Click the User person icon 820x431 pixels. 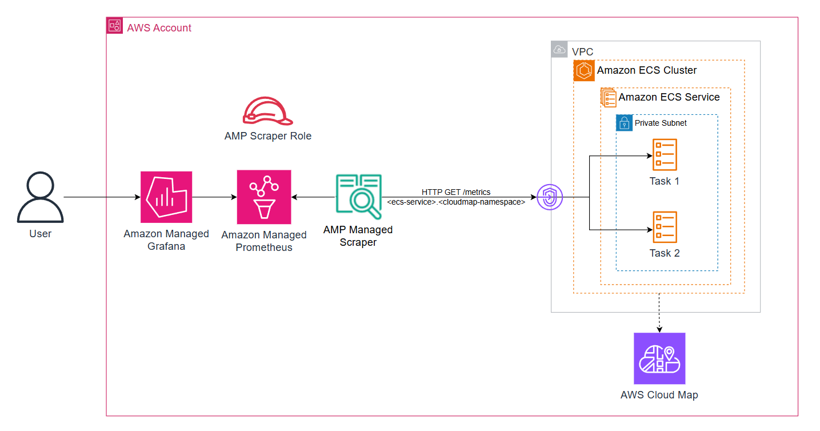(x=40, y=198)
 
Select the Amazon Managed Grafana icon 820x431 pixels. (x=166, y=197)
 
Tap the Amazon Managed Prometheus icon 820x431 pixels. (x=264, y=197)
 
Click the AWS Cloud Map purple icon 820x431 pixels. (x=659, y=358)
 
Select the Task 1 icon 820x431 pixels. (x=665, y=155)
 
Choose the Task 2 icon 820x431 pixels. (x=665, y=227)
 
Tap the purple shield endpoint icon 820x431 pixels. (x=550, y=198)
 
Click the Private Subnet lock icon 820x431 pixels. (x=624, y=123)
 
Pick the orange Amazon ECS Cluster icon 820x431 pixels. (x=584, y=71)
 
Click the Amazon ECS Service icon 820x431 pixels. (x=609, y=97)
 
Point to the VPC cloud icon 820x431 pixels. (x=559, y=50)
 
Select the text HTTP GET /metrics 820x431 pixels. (x=456, y=192)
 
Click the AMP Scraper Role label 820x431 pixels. (x=268, y=136)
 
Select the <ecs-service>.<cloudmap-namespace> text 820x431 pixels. (x=456, y=202)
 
